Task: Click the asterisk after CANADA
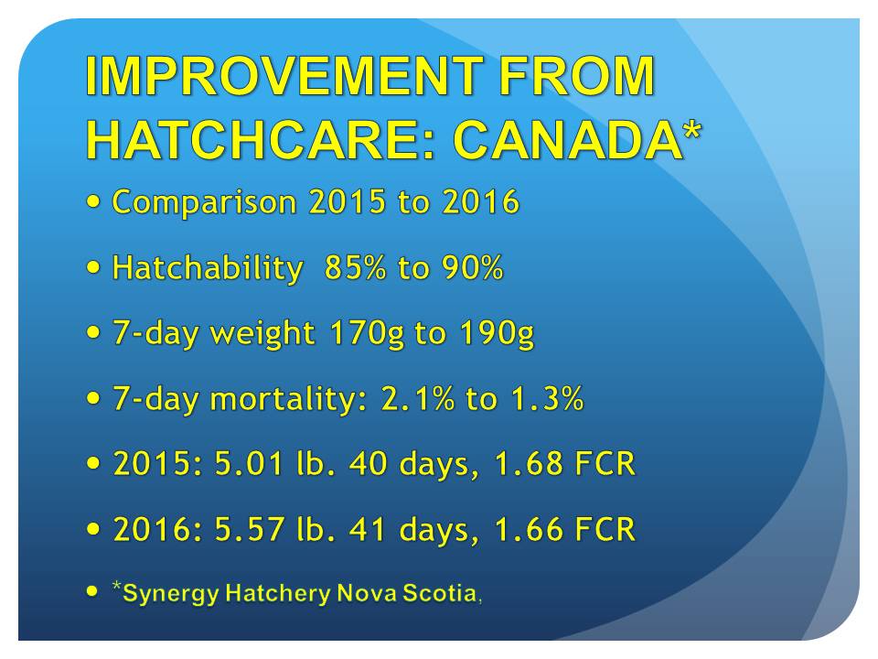point(692,130)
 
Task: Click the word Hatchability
point(208,267)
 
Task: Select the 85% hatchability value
point(355,267)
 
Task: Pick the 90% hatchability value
point(473,267)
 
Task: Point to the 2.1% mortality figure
point(418,398)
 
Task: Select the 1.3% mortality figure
point(548,398)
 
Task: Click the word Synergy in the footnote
point(170,594)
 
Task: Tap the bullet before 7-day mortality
point(93,398)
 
